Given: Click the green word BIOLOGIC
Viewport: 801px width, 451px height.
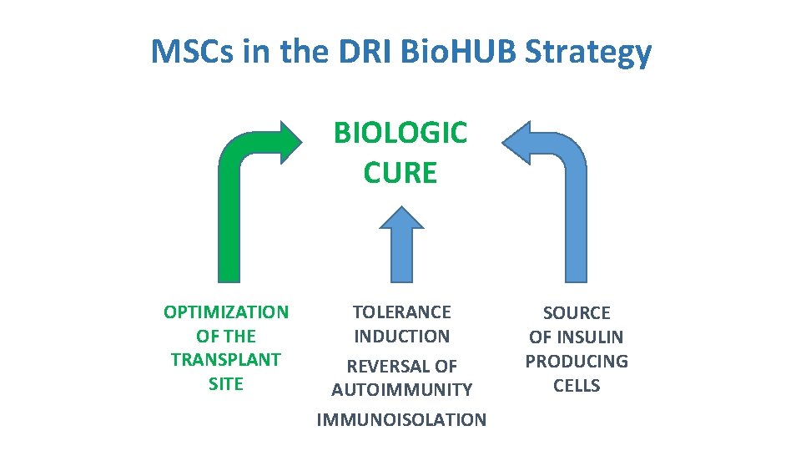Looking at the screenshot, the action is pos(400,132).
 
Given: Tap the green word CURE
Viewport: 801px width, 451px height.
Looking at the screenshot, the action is pos(400,173).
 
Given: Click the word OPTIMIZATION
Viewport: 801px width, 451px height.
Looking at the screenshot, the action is pos(226,312).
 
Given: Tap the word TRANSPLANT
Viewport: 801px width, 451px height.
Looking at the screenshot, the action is pos(226,360).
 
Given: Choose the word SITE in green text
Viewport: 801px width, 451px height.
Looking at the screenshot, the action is pos(226,384).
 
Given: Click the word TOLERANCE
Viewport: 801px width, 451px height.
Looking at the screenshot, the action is pos(401,312).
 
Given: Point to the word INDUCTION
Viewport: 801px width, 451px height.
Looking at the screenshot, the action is pos(401,337).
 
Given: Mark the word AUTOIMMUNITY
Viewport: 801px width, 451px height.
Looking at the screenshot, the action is pos(401,390).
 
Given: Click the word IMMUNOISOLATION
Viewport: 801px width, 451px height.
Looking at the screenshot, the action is pos(401,420).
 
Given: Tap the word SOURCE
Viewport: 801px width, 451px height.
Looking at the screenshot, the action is pos(577,313).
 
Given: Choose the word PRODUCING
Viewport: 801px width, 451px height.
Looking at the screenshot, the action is pos(577,362).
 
